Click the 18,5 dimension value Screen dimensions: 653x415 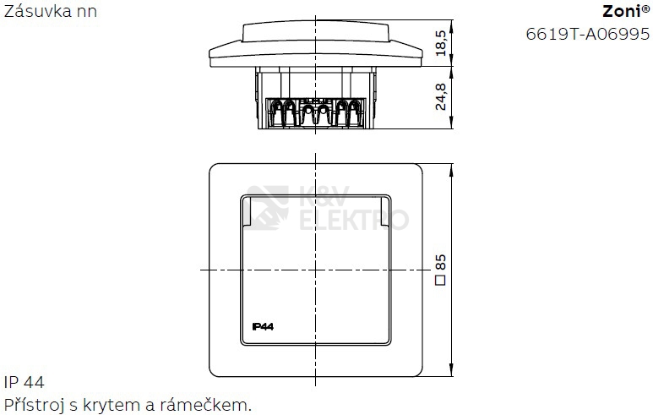441,43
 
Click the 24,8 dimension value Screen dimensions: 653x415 441,96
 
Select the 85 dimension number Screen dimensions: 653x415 441,263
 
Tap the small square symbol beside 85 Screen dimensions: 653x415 441,280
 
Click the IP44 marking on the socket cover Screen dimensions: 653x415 263,326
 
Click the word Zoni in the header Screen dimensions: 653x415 622,11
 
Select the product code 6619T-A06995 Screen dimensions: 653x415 588,34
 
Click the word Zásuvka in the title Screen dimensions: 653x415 32,11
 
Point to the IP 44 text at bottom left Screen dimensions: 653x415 24,382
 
